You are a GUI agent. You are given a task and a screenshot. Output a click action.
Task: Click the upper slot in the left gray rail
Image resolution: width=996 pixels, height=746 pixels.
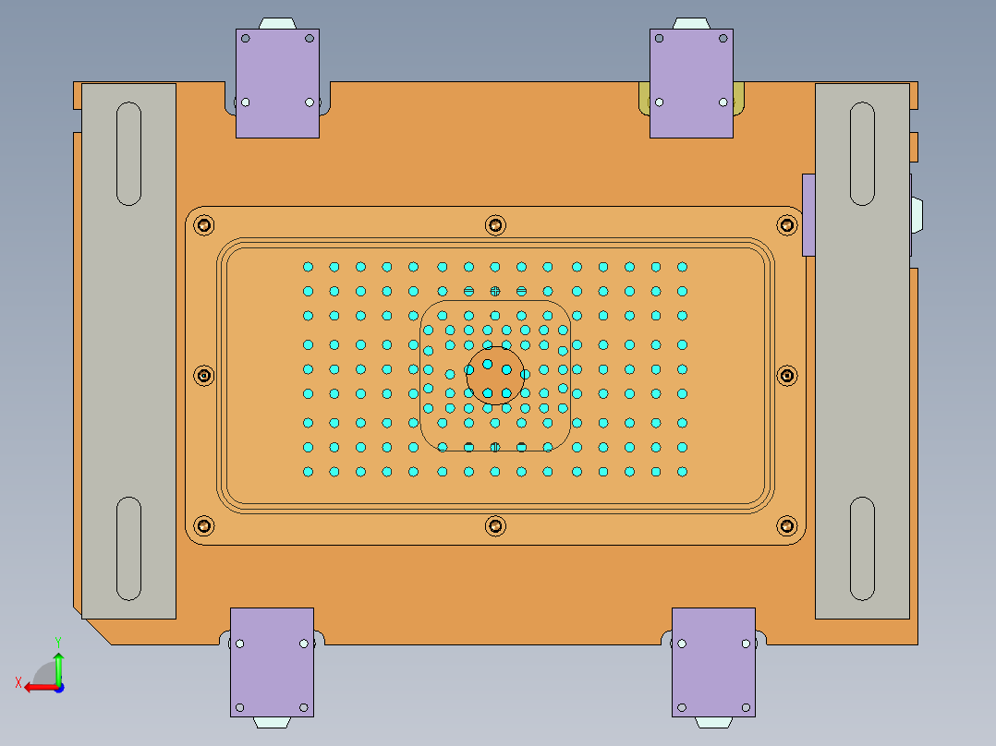129,153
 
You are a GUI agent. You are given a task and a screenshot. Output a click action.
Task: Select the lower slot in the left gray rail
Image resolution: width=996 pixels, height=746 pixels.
129,547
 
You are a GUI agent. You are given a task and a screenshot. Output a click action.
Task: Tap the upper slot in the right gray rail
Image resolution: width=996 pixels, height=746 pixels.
862,153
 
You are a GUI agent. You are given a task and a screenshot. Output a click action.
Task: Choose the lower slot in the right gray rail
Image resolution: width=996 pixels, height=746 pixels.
862,547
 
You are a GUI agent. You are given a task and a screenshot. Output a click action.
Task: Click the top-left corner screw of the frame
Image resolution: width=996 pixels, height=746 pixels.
204,224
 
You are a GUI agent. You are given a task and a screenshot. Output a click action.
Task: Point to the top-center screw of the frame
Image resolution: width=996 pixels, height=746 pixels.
495,224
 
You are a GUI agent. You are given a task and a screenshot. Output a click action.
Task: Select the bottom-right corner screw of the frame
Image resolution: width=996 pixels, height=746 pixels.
787,526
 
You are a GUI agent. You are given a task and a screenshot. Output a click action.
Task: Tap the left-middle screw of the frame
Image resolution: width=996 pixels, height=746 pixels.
204,376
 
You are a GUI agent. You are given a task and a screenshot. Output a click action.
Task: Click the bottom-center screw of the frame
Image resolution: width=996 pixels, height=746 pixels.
495,526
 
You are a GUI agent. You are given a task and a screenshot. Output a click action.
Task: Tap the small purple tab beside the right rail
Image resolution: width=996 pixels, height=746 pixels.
808,214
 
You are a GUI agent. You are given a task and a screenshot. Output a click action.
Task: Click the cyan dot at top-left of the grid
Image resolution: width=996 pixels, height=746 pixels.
309,267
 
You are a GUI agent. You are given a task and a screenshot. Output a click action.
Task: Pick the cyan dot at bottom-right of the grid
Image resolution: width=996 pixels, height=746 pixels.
682,472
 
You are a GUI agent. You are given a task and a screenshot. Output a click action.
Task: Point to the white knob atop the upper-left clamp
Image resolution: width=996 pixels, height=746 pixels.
277,23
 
